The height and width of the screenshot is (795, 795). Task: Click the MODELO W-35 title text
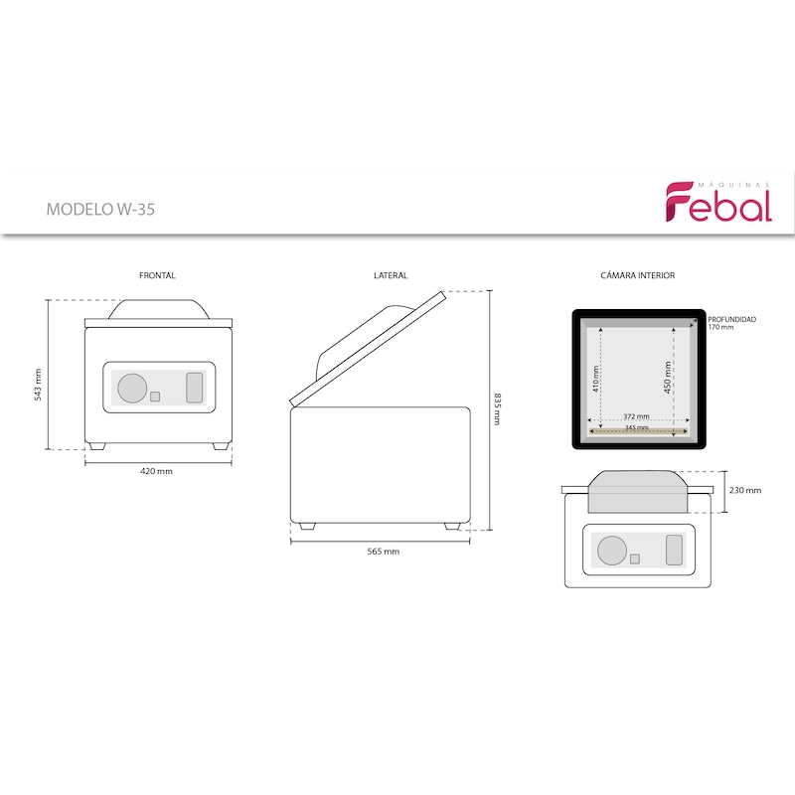[x=100, y=210]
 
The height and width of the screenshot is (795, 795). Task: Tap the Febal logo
[x=718, y=202]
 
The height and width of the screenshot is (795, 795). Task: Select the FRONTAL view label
[x=157, y=275]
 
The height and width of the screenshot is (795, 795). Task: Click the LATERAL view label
[x=391, y=275]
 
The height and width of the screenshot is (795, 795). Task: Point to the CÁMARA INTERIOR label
[x=638, y=275]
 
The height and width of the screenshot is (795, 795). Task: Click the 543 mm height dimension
[x=38, y=386]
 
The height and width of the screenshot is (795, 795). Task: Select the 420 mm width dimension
[x=156, y=471]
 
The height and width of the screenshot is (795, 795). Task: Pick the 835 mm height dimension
[x=498, y=408]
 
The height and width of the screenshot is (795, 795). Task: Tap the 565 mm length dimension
[x=384, y=552]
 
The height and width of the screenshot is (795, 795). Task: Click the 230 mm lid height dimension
[x=745, y=490]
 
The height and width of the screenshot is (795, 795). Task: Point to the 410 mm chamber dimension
[x=596, y=379]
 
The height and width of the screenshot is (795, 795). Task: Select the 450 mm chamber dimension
[x=668, y=378]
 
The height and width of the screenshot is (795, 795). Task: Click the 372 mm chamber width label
[x=636, y=416]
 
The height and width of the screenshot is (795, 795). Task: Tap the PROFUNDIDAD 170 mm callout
[x=731, y=323]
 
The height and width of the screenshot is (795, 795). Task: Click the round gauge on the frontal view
[x=132, y=389]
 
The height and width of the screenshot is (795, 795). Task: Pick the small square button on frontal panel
[x=155, y=397]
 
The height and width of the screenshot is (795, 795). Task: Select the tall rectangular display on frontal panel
[x=195, y=388]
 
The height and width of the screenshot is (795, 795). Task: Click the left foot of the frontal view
[x=96, y=446]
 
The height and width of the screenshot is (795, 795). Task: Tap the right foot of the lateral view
[x=452, y=527]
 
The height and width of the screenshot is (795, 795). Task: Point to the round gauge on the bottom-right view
[x=612, y=551]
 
